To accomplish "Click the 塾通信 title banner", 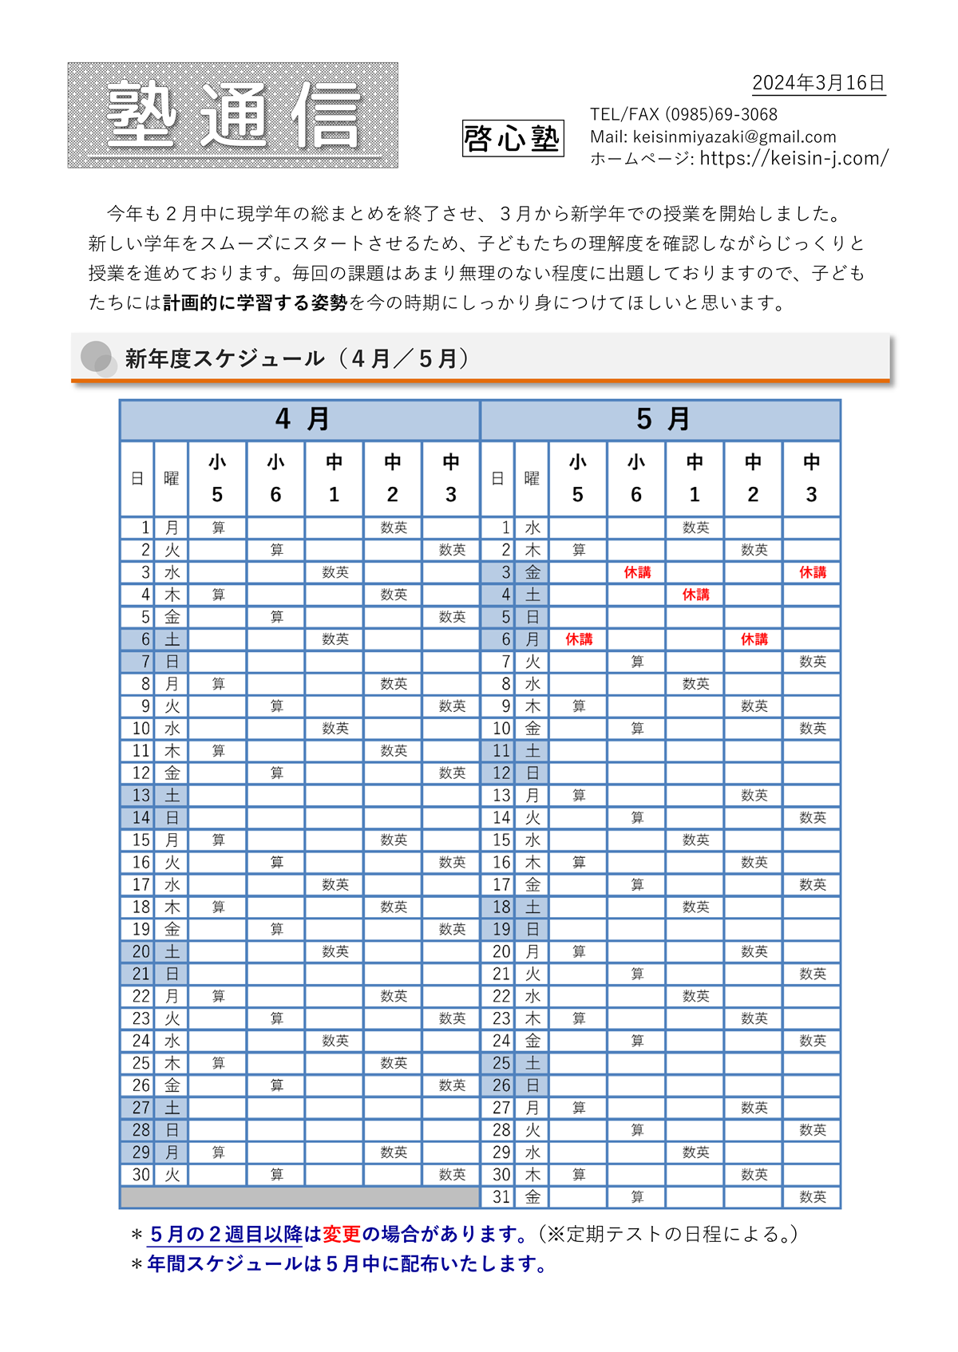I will [x=232, y=116].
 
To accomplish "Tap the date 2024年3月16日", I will [x=818, y=83].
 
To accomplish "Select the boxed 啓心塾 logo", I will [x=513, y=138].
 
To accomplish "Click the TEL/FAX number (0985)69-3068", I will [x=721, y=114].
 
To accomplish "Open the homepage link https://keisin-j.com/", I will [x=794, y=158].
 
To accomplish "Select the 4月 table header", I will [x=301, y=419].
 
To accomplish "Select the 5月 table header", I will [x=662, y=419].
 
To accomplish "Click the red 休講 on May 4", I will [x=695, y=595].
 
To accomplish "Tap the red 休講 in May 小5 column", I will [x=579, y=639].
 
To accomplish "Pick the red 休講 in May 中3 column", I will [x=813, y=572].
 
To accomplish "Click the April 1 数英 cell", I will [x=394, y=528].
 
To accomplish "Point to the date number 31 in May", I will [x=501, y=1197].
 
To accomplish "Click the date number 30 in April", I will [x=141, y=1175].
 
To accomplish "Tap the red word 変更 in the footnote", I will [x=342, y=1234].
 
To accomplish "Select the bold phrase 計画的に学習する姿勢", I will [x=255, y=302].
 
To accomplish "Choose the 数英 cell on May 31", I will [x=813, y=1197].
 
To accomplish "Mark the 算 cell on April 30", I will [x=276, y=1175].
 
